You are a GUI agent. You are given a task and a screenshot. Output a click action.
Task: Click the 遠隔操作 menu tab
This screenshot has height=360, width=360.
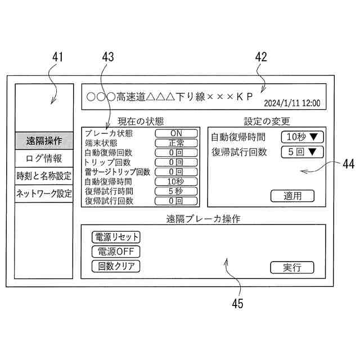[x=44, y=140]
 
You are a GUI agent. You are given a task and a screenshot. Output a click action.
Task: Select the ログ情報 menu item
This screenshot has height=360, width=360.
[x=44, y=158]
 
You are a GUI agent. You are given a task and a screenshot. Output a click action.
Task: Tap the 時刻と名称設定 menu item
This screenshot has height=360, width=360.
[x=44, y=175]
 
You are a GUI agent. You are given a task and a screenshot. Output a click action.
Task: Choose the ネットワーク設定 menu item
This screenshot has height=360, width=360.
[x=44, y=193]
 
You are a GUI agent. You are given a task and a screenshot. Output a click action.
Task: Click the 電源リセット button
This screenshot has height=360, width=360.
[x=116, y=237]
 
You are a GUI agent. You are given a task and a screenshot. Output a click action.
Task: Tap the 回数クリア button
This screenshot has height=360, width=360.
[x=116, y=266]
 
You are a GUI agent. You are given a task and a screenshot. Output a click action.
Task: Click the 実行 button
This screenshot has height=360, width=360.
[x=292, y=268]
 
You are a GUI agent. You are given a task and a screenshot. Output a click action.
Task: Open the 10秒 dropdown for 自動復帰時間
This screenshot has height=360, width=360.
[x=302, y=137]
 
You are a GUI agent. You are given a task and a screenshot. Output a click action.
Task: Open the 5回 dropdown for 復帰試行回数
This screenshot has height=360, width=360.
[x=302, y=151]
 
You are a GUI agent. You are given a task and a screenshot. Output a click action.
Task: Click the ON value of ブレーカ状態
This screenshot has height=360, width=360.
[x=176, y=133]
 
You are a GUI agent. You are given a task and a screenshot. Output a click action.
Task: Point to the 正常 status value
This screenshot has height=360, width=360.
[x=176, y=143]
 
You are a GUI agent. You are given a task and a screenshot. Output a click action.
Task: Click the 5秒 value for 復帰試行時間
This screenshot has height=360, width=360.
[x=176, y=191]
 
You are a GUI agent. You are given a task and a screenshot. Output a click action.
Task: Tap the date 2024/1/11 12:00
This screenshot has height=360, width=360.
[x=292, y=103]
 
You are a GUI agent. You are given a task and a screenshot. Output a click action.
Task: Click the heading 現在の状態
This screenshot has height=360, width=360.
[x=141, y=121]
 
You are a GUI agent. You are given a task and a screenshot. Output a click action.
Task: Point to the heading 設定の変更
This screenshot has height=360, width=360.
[x=267, y=121]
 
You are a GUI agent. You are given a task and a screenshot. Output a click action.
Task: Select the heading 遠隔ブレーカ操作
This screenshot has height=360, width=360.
[x=203, y=218]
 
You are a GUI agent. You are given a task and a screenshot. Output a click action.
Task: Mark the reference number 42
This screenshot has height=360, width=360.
[x=260, y=57]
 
